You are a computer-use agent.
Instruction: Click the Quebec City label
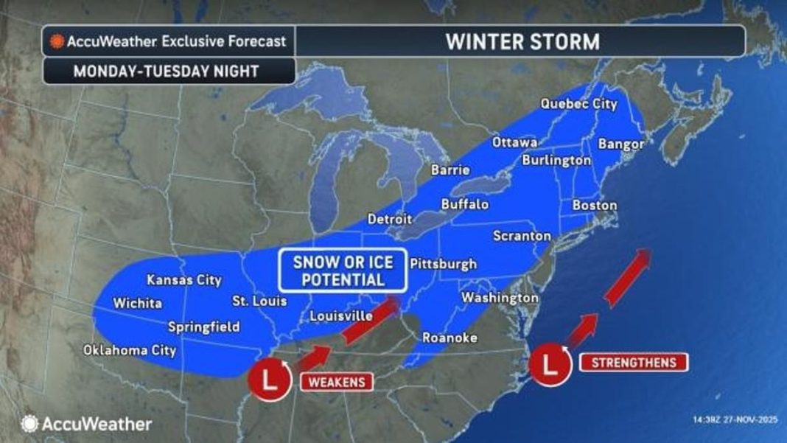578,104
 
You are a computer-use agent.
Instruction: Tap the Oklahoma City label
130,350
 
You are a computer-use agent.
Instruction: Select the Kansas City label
183,280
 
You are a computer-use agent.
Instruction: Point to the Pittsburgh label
442,264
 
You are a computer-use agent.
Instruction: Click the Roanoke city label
450,338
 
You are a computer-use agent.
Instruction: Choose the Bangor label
621,143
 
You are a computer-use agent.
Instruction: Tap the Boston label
594,205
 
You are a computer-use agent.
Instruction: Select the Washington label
500,297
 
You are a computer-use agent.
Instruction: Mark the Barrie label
450,170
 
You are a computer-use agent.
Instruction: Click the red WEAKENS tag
335,382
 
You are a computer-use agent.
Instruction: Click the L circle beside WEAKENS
270,382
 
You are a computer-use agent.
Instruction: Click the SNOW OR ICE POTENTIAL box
343,271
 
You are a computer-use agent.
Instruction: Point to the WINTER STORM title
522,41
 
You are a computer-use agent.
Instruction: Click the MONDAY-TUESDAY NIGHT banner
166,71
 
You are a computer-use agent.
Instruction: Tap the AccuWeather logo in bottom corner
87,424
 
